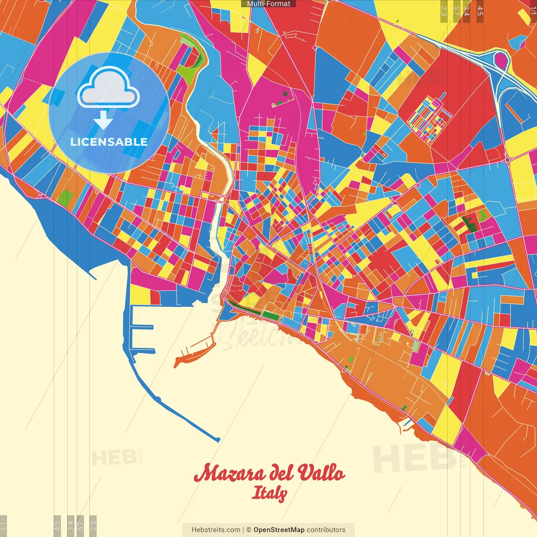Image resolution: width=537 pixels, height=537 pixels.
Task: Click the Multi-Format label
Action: [268, 4]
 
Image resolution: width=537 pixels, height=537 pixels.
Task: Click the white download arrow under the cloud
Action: [103, 121]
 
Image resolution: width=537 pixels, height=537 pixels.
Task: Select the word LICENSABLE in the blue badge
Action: [109, 142]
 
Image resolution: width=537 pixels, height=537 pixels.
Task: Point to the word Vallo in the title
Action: [321, 474]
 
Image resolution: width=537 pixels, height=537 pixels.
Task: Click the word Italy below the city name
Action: [269, 493]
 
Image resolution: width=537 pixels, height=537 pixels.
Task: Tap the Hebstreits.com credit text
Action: [216, 530]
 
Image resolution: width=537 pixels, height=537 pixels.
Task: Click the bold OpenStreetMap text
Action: [279, 530]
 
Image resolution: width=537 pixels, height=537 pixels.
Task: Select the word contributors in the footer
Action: [326, 530]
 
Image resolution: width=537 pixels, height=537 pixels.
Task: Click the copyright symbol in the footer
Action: [248, 530]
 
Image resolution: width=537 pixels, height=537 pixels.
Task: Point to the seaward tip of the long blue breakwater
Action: [218, 440]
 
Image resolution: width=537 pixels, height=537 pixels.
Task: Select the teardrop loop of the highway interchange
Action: [501, 61]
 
